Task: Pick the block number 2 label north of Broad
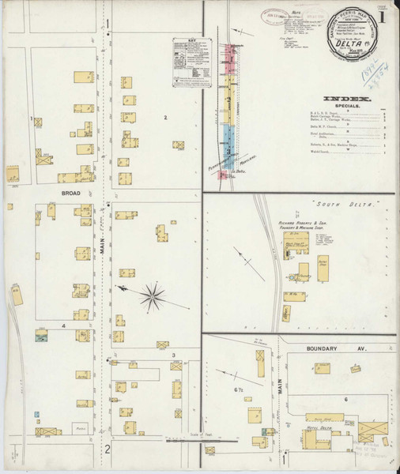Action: click(165, 118)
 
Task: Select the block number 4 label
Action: click(62, 325)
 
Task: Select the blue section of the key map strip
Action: click(230, 143)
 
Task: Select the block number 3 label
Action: click(172, 355)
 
